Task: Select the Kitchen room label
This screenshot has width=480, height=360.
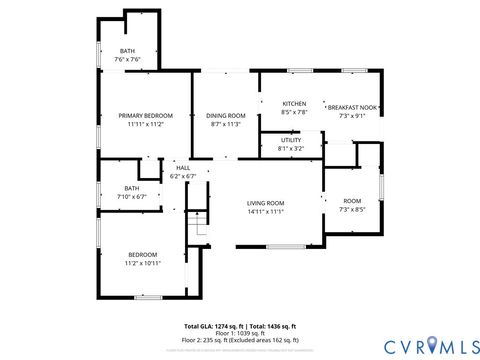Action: (x=294, y=104)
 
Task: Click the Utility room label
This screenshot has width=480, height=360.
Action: (x=290, y=140)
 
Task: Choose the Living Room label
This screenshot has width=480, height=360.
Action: (x=266, y=203)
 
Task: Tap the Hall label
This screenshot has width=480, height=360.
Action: (x=183, y=168)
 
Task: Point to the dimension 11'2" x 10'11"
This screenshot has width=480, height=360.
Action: (x=140, y=263)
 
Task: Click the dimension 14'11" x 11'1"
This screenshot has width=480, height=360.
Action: (x=266, y=211)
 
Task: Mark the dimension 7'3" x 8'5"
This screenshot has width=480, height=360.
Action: (x=352, y=209)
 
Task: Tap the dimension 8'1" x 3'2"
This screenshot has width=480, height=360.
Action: (x=290, y=148)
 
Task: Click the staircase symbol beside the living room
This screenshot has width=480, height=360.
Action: (x=197, y=224)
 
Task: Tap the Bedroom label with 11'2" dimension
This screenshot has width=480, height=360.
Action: (x=140, y=255)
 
